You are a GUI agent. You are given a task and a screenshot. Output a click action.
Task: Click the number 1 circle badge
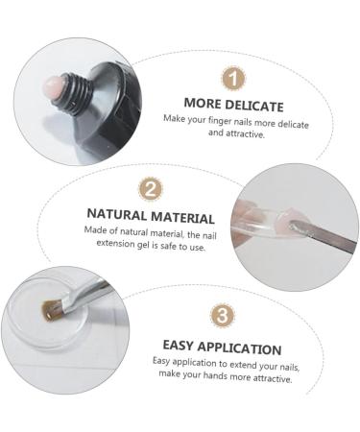coord(233,79)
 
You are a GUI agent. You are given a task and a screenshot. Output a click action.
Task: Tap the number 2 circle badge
coord(151,190)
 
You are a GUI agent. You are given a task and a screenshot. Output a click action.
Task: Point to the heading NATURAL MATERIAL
coord(151,218)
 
